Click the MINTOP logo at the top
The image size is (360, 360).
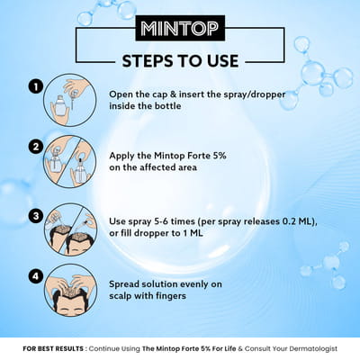[x=179, y=29]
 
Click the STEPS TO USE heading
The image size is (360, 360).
[x=179, y=61]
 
